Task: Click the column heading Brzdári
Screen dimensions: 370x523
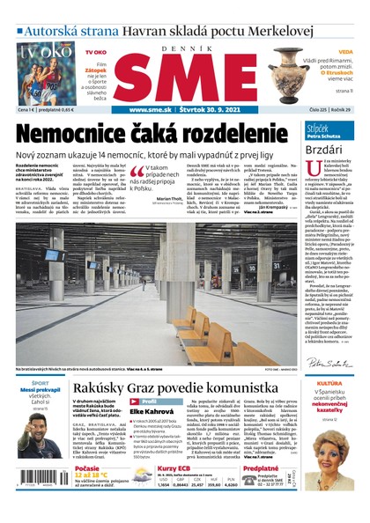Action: click(x=328, y=151)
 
